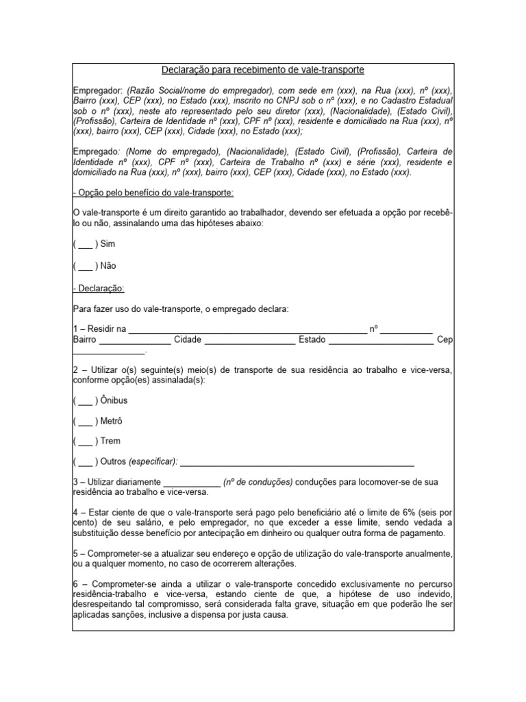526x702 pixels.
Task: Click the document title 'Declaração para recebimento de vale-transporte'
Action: point(262,71)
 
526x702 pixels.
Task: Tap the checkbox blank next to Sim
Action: point(86,244)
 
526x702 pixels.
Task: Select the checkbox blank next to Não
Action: point(86,265)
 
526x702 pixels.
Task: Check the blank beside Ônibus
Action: point(86,400)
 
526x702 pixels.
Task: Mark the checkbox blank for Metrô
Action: point(86,421)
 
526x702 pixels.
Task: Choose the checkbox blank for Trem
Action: point(86,441)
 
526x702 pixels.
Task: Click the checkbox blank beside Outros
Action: point(86,461)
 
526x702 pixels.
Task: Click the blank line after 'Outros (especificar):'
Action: point(296,463)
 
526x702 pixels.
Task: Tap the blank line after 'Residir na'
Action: point(247,330)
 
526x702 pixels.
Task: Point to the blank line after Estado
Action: point(381,341)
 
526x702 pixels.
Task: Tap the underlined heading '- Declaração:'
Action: point(99,289)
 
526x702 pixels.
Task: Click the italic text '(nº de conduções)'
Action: point(258,483)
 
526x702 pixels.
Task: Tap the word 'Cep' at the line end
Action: point(444,340)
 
